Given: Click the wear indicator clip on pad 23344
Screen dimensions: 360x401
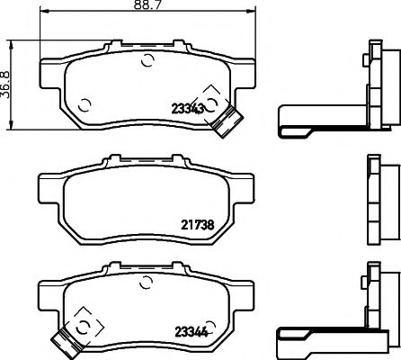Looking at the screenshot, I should click(66, 339).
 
